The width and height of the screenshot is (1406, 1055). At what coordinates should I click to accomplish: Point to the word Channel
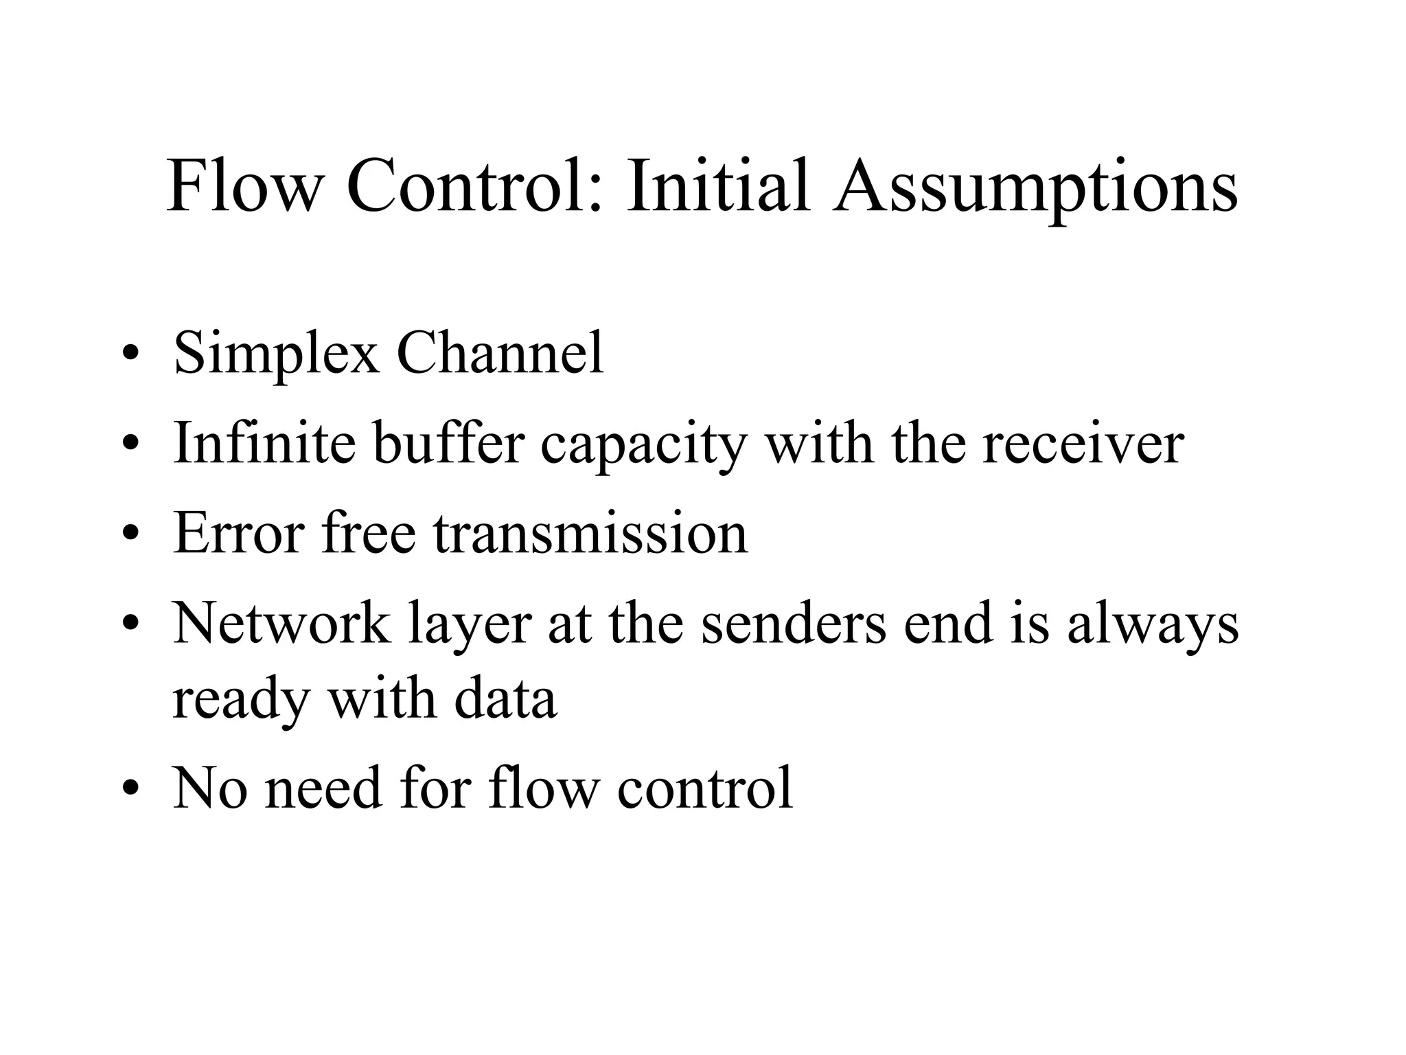pyautogui.click(x=500, y=353)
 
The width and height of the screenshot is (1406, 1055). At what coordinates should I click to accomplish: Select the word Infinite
pyautogui.click(x=264, y=443)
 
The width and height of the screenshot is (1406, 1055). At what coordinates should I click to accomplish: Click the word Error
pyautogui.click(x=239, y=534)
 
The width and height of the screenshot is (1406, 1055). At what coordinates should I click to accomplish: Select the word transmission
pyautogui.click(x=590, y=534)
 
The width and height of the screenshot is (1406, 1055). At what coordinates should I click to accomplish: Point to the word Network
pyautogui.click(x=281, y=624)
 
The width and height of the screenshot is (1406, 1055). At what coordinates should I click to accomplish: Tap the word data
pyautogui.click(x=505, y=699)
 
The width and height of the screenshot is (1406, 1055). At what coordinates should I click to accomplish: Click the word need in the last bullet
pyautogui.click(x=323, y=788)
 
